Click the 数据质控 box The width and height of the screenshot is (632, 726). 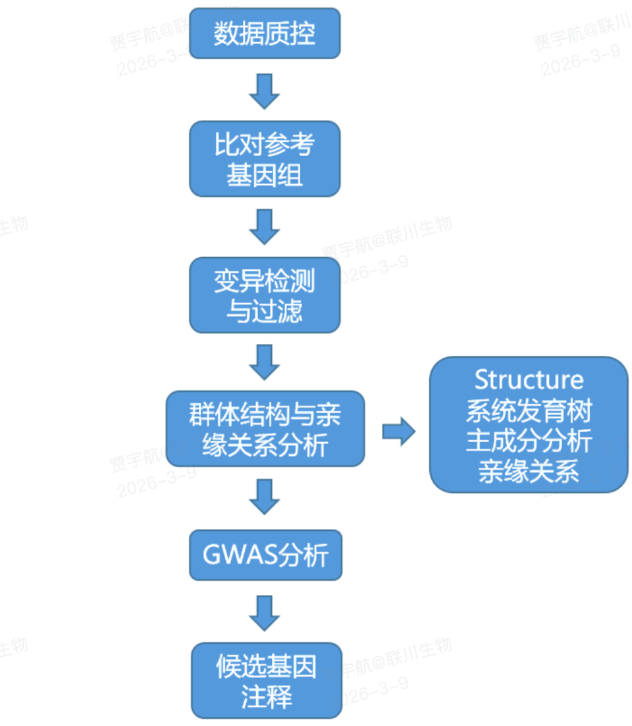(x=265, y=33)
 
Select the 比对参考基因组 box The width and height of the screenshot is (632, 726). (x=265, y=159)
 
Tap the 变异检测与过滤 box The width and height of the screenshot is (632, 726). (x=265, y=294)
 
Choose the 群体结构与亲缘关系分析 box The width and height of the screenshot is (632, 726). (x=265, y=429)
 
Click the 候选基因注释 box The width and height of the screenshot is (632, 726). (x=267, y=681)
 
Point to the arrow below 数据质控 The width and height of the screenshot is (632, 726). (x=265, y=92)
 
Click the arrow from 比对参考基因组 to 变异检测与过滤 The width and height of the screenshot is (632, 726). (x=265, y=227)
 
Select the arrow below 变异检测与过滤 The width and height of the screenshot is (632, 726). (x=265, y=362)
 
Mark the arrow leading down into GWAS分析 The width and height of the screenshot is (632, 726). (x=265, y=496)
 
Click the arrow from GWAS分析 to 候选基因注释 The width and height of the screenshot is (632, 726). (x=265, y=613)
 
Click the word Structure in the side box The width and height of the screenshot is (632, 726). (x=529, y=380)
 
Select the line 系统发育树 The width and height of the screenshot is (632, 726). (x=529, y=411)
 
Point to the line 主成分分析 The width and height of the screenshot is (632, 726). (x=529, y=441)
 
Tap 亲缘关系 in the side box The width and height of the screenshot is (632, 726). (x=529, y=472)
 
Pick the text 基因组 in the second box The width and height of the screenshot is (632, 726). (x=265, y=175)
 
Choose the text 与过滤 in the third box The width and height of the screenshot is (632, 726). (x=265, y=311)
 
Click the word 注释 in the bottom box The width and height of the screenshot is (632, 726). (x=267, y=698)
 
